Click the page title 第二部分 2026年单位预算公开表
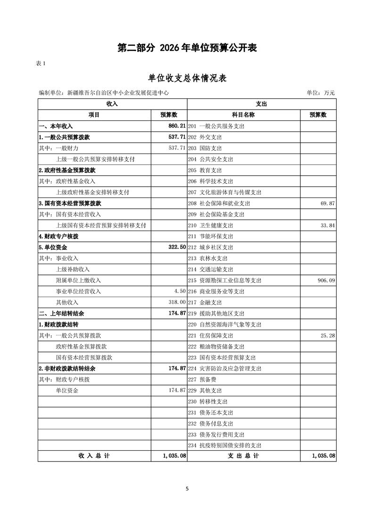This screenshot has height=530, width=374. [187, 48]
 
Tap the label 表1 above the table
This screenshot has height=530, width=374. [41, 64]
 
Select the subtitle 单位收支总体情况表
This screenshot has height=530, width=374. [187, 78]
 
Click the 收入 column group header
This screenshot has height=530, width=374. [112, 103]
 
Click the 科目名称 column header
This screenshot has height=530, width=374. [243, 115]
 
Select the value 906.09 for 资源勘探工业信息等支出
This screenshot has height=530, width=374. [326, 280]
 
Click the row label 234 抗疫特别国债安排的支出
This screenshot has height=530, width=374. [224, 445]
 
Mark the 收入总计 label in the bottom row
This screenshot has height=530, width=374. [94, 456]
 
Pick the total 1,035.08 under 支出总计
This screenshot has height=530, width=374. [323, 456]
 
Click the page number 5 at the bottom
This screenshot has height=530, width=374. [187, 489]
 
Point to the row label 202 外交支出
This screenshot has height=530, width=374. [205, 137]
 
